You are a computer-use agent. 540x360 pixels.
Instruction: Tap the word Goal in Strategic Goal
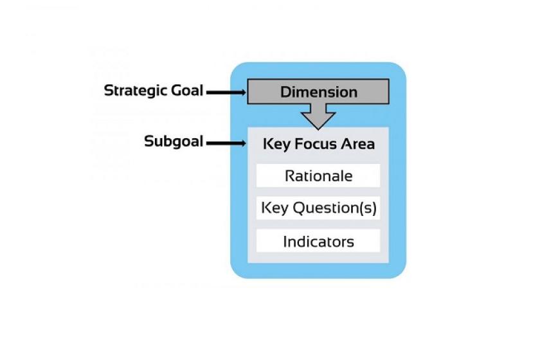tap(187, 90)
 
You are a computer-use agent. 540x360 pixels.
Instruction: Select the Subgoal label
tap(174, 141)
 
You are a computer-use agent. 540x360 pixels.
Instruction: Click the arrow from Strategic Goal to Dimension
tap(226, 93)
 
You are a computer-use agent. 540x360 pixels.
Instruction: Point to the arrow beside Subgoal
tap(226, 143)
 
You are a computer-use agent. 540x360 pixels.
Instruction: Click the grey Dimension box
tap(318, 92)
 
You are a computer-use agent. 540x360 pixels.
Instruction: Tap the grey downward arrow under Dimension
tap(318, 116)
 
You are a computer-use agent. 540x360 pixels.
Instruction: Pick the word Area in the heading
tap(358, 143)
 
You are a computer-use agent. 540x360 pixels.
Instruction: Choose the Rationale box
tap(318, 175)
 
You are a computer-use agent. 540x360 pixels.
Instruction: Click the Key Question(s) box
tap(318, 208)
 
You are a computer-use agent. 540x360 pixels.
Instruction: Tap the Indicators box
tap(318, 241)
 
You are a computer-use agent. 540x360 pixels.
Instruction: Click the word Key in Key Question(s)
tap(274, 208)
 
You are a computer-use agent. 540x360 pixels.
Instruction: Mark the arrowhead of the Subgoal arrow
tap(244, 143)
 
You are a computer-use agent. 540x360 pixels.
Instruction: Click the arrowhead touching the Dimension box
tap(244, 93)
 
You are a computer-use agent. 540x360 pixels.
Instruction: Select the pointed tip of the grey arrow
tap(318, 129)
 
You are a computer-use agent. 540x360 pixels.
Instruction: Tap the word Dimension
tap(319, 92)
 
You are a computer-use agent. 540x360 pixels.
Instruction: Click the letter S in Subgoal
tap(148, 141)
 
